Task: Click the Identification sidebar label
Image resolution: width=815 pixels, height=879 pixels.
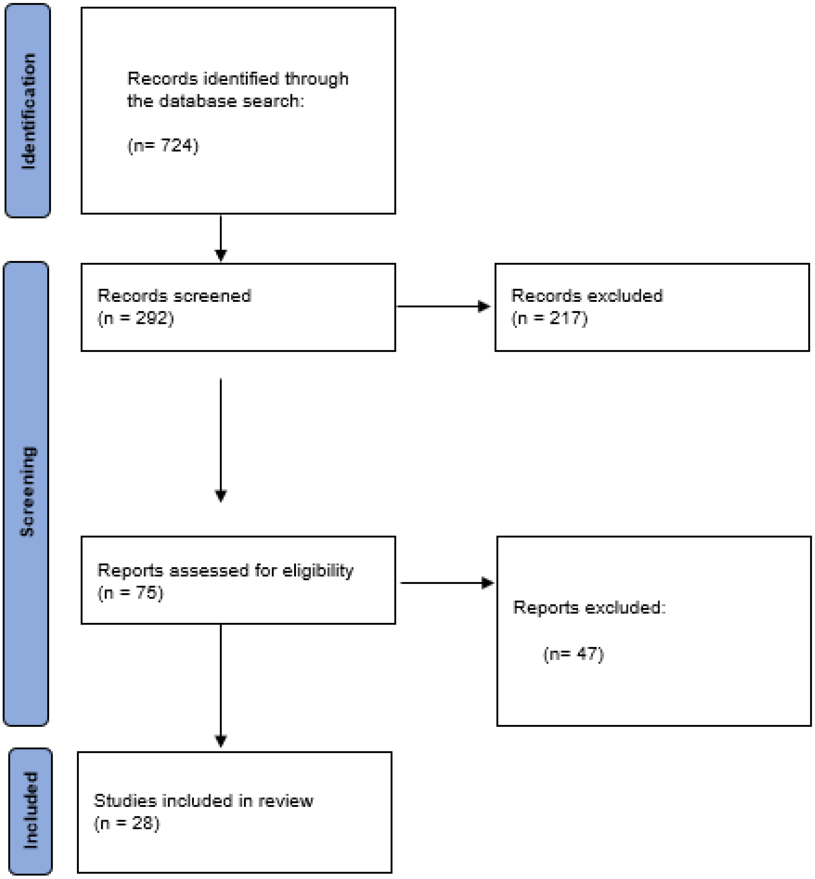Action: coord(28,111)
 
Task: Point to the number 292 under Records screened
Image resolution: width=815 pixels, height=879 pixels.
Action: coord(148,318)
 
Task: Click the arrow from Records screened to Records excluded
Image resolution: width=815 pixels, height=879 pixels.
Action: coord(443,306)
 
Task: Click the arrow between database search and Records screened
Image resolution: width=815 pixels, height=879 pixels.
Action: coord(220,238)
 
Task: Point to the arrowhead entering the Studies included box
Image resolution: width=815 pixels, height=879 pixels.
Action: coord(220,740)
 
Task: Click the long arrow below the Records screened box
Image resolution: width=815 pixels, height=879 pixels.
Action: coord(220,439)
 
